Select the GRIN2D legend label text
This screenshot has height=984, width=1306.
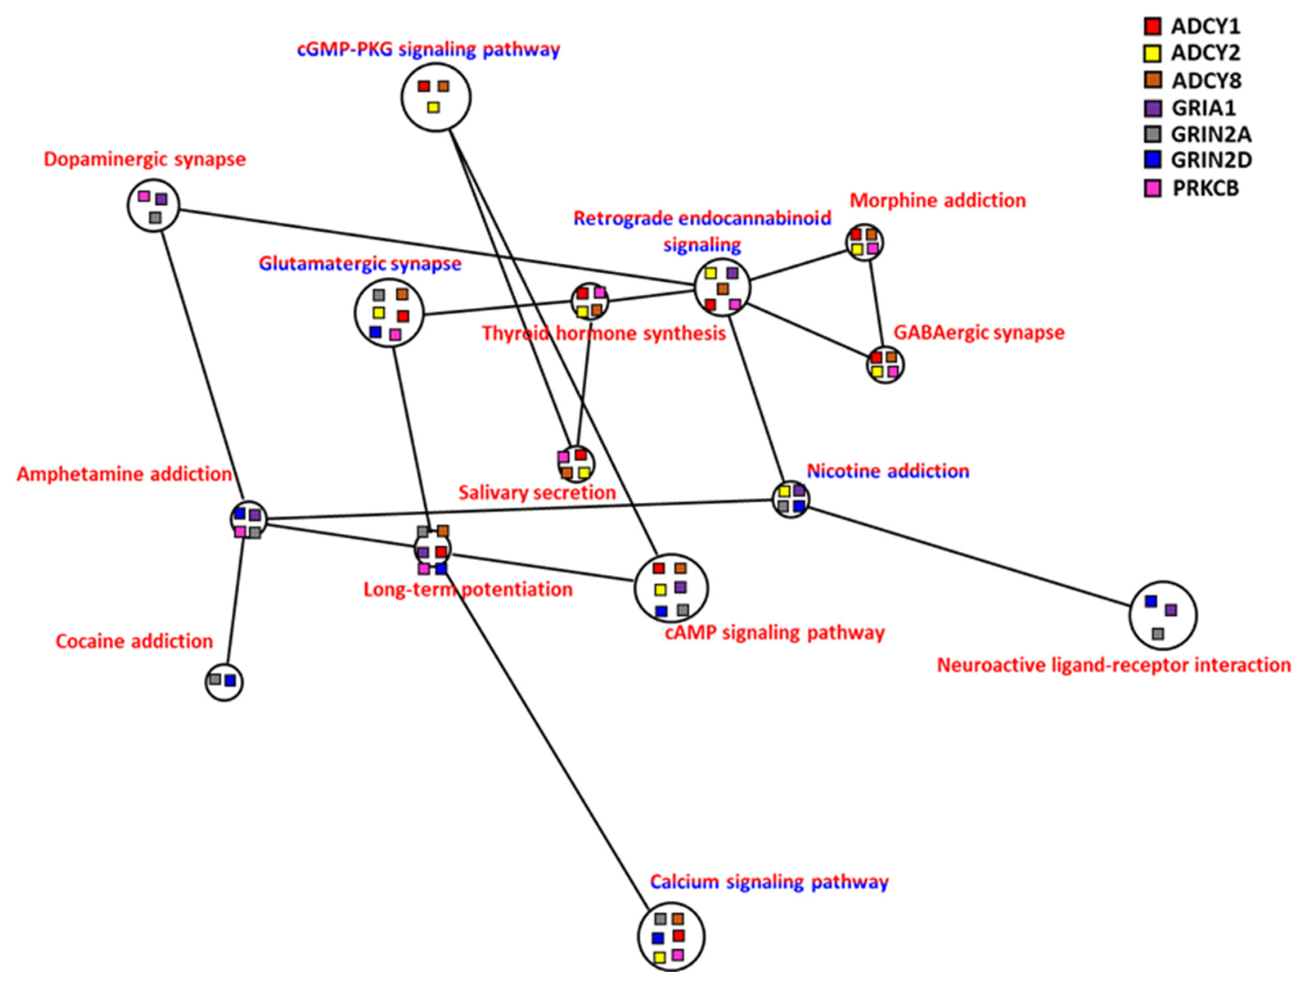[x=1211, y=160]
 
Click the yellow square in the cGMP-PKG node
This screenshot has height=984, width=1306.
[x=433, y=108]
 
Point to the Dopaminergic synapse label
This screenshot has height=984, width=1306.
[x=145, y=160]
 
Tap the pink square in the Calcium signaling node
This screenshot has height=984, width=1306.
[x=678, y=955]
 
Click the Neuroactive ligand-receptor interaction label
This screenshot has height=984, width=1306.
[x=1114, y=665]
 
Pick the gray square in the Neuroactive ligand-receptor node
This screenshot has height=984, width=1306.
[x=1158, y=634]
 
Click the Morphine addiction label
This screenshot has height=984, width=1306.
[x=938, y=201]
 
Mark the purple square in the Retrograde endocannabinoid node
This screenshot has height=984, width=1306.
[x=732, y=273]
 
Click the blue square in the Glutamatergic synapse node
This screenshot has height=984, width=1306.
[x=375, y=332]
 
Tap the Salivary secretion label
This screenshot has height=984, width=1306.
[x=537, y=492]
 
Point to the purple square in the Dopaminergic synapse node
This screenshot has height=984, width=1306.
[x=161, y=200]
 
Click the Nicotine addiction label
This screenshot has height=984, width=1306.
[x=887, y=471]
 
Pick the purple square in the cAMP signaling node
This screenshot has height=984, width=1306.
[x=680, y=587]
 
